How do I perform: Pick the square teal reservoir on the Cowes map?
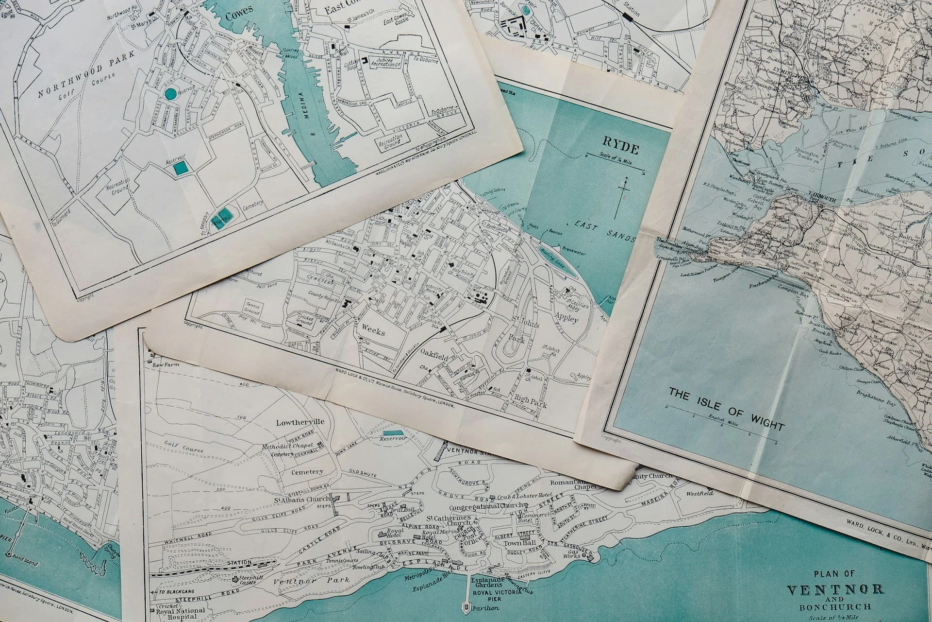181,168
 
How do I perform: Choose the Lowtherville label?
300,422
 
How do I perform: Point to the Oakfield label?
434,350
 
